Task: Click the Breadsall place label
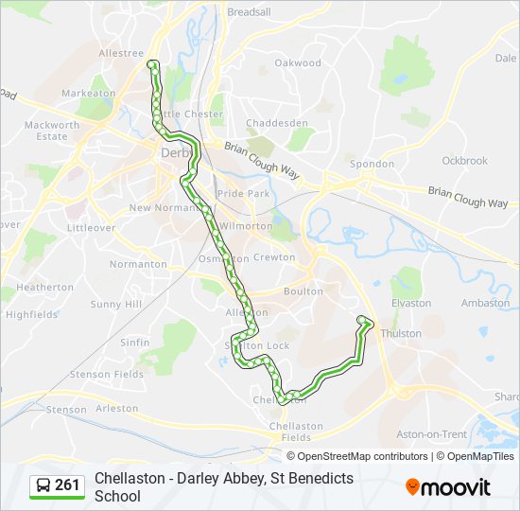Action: coord(248,12)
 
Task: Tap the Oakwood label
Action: coord(298,62)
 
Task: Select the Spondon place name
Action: coord(372,164)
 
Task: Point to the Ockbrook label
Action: coord(464,161)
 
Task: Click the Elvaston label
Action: coord(410,304)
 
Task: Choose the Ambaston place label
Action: coord(485,304)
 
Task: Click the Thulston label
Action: coord(400,334)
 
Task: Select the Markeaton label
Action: coord(88,94)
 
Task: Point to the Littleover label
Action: coord(92,228)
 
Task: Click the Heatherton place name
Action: coord(45,287)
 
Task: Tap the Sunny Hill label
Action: coord(116,305)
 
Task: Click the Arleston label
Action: coord(116,409)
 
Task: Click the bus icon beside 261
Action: coord(43,485)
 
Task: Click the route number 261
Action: coord(67,485)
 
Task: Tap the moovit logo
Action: coord(448,486)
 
